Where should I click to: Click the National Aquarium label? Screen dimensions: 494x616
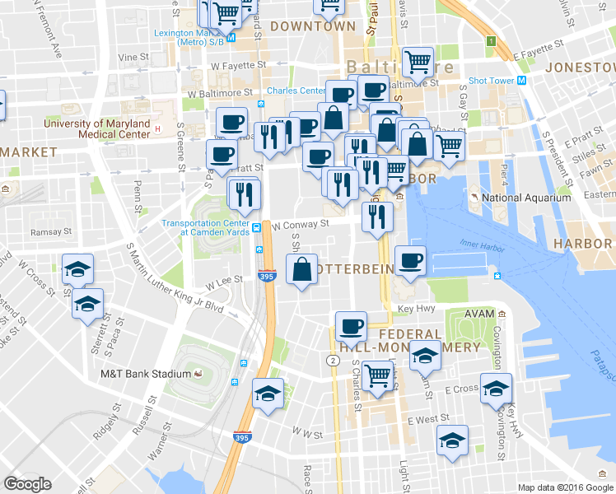(525, 198)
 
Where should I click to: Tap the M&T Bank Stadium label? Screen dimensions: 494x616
(146, 374)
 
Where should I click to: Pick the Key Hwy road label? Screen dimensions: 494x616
(416, 309)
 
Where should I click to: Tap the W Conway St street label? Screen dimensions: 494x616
(301, 223)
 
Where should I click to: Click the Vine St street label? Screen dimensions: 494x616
(133, 58)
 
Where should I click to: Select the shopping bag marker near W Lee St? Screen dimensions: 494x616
(302, 269)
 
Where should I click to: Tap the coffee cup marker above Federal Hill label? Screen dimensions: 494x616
(352, 325)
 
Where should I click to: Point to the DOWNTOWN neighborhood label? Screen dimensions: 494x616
(312, 26)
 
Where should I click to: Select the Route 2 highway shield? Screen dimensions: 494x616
(332, 361)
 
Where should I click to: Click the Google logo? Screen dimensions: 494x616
(27, 484)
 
